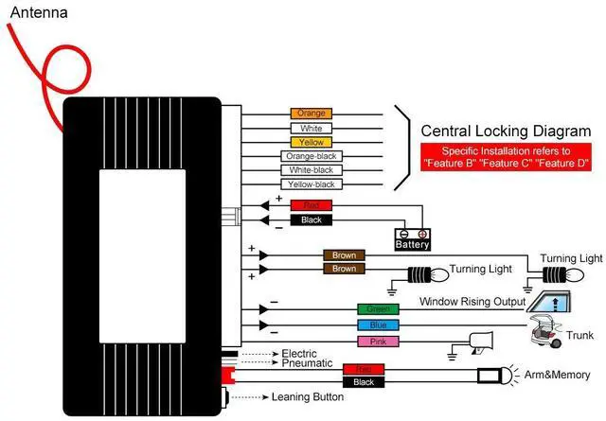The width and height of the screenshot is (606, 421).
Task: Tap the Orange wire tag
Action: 311,114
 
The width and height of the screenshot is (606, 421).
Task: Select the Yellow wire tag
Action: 311,142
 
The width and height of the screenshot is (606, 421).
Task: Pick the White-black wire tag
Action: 311,170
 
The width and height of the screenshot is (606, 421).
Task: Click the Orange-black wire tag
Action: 311,156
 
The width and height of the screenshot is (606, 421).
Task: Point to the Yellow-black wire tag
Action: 311,184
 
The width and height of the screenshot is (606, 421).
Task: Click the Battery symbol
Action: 413,238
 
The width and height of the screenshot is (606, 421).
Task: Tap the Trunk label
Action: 579,336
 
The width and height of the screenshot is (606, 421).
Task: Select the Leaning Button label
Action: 308,397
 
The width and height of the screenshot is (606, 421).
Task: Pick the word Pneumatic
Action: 307,363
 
